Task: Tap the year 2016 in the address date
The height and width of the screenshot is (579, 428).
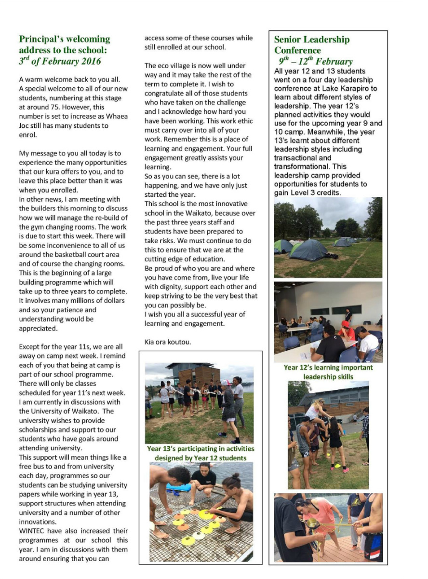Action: (x=90, y=61)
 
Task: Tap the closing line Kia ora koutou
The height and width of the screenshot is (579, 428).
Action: (x=168, y=342)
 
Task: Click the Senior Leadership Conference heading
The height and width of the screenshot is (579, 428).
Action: (x=312, y=45)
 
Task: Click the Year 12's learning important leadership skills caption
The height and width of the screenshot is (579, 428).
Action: (x=328, y=372)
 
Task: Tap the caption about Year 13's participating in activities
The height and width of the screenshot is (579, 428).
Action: (x=200, y=453)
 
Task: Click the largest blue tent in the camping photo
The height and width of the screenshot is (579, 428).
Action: (x=308, y=250)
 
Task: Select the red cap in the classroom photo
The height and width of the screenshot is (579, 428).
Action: (x=346, y=324)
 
